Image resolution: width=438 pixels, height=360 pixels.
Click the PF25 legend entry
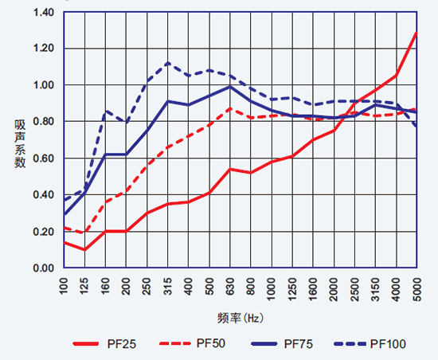point(104,344)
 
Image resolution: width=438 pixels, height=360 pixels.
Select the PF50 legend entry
point(192,343)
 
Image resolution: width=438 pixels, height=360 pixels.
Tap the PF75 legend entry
point(282,344)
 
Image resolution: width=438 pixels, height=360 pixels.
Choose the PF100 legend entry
point(370,344)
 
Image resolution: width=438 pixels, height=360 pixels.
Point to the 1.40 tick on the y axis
point(44,13)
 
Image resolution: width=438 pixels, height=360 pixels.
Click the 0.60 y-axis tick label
point(44,158)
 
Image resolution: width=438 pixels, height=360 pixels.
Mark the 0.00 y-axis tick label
point(44,268)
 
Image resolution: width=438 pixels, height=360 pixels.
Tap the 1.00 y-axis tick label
point(44,85)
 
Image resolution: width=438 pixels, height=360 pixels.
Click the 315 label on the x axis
point(168,287)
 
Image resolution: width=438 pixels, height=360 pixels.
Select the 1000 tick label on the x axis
point(272,289)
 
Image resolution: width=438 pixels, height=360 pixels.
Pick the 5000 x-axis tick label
point(416,289)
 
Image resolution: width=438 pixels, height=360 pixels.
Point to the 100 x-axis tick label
point(64,287)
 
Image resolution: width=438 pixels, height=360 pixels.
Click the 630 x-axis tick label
point(230,287)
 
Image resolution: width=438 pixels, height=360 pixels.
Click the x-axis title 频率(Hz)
point(241,318)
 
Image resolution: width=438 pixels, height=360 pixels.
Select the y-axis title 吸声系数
point(20,144)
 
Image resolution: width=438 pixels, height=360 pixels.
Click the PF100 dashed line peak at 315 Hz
point(167,63)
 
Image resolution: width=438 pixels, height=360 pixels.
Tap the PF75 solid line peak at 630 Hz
point(230,87)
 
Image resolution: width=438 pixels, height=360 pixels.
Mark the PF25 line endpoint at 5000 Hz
point(416,33)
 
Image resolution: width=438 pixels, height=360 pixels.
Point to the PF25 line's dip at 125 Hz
point(84,249)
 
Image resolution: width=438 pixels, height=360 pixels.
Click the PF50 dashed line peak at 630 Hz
point(230,108)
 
